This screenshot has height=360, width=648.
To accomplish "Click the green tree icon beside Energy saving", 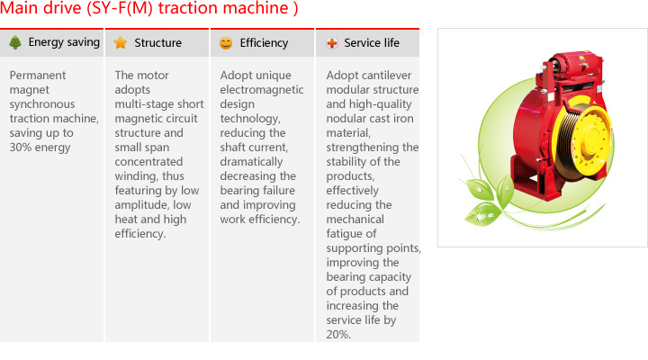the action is [x=15, y=42].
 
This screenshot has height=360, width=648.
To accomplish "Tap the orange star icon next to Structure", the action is [x=121, y=42].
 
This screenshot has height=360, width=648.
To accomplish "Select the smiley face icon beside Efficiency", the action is [x=226, y=43].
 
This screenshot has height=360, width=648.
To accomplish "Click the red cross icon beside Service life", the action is [x=332, y=43].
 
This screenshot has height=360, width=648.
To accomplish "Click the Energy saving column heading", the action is [x=64, y=42].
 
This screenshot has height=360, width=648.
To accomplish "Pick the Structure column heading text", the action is [x=157, y=42].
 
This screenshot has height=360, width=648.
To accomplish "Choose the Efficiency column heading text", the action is [x=264, y=43].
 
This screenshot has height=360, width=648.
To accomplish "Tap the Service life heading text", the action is [x=372, y=42].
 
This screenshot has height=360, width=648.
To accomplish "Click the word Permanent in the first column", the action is [x=38, y=76].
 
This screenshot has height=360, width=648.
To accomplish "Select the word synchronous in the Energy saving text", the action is [x=42, y=104].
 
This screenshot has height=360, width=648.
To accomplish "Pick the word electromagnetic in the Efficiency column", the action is [x=262, y=90].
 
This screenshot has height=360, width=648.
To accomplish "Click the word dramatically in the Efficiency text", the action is [x=251, y=162].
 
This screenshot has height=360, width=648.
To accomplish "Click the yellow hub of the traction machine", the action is [x=592, y=138].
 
